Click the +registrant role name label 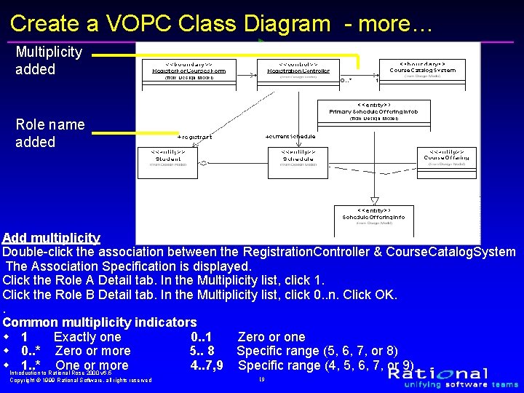point(194,137)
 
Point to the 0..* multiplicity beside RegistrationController point(347,81)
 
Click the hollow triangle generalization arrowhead point(374,200)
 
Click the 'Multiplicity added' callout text point(49,60)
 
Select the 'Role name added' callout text point(49,133)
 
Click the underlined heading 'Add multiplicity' point(51,238)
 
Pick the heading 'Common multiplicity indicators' point(100,322)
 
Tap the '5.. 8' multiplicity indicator point(202,352)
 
